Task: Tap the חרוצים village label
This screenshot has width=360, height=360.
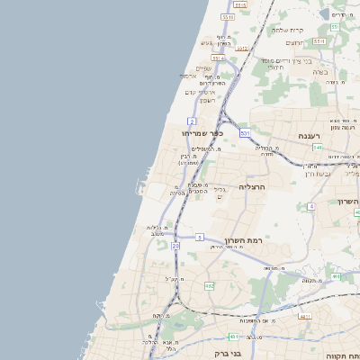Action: tap(295, 43)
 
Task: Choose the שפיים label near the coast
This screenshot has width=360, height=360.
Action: tap(204, 68)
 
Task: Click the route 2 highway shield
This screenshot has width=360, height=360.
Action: tap(192, 121)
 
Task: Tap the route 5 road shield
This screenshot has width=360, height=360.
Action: tap(199, 237)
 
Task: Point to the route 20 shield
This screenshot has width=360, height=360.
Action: tap(175, 245)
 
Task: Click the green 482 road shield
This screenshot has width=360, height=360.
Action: tap(209, 286)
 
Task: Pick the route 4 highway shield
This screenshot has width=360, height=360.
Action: tap(311, 206)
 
